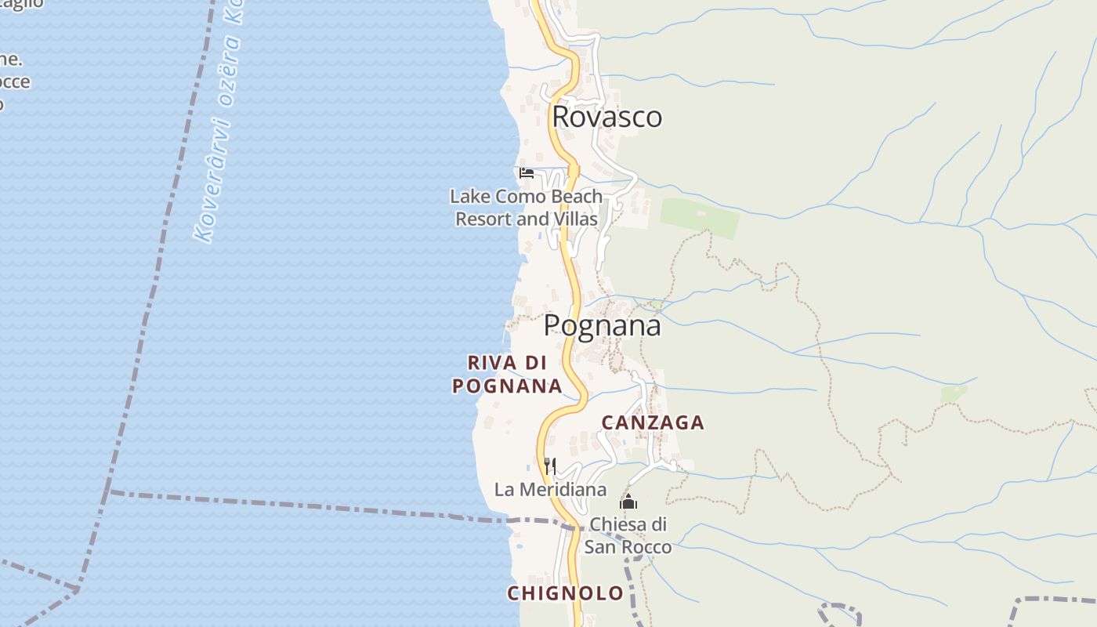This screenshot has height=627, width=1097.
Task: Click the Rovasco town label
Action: pyautogui.click(x=607, y=117)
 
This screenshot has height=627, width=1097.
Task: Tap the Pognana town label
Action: pyautogui.click(x=603, y=325)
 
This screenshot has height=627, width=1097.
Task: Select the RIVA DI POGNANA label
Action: pyautogui.click(x=507, y=374)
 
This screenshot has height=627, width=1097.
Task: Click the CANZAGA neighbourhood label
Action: pyautogui.click(x=653, y=422)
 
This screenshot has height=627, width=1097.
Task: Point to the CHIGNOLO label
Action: pyautogui.click(x=565, y=593)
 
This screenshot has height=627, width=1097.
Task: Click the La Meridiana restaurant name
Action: pyautogui.click(x=550, y=490)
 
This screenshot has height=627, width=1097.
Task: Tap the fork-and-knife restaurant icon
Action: pyautogui.click(x=550, y=466)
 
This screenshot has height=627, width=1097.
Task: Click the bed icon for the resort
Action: pyautogui.click(x=527, y=172)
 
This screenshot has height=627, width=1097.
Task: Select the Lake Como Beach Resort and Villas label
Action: pyautogui.click(x=527, y=208)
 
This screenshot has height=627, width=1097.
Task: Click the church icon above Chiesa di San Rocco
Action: pyautogui.click(x=628, y=502)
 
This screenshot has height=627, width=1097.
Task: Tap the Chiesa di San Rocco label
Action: pyautogui.click(x=628, y=535)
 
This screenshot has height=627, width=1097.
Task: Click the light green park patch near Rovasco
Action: pyautogui.click(x=699, y=217)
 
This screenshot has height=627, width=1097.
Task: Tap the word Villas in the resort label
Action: pyautogui.click(x=575, y=219)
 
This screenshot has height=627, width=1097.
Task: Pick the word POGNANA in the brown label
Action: pyautogui.click(x=507, y=386)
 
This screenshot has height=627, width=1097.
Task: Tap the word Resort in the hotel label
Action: pyautogui.click(x=484, y=219)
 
